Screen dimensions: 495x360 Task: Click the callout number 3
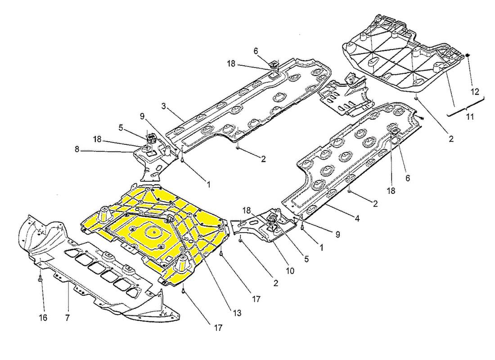(163, 106)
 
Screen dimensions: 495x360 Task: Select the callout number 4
(357, 218)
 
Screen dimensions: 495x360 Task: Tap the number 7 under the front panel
(67, 318)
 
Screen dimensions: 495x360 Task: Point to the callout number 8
(77, 149)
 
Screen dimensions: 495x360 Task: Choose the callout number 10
(290, 270)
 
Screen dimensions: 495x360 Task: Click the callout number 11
(470, 117)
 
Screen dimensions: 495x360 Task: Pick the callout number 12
(475, 92)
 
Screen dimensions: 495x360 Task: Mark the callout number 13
(237, 313)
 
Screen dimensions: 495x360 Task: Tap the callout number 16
(43, 318)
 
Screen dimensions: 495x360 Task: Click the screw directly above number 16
(40, 279)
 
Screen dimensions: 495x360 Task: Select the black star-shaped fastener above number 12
(468, 56)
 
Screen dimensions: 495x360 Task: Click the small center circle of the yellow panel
(153, 232)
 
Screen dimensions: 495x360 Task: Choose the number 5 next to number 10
(306, 259)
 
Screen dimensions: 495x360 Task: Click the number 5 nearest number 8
(121, 128)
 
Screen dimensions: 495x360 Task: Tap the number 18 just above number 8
(97, 139)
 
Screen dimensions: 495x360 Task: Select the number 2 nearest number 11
(451, 138)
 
